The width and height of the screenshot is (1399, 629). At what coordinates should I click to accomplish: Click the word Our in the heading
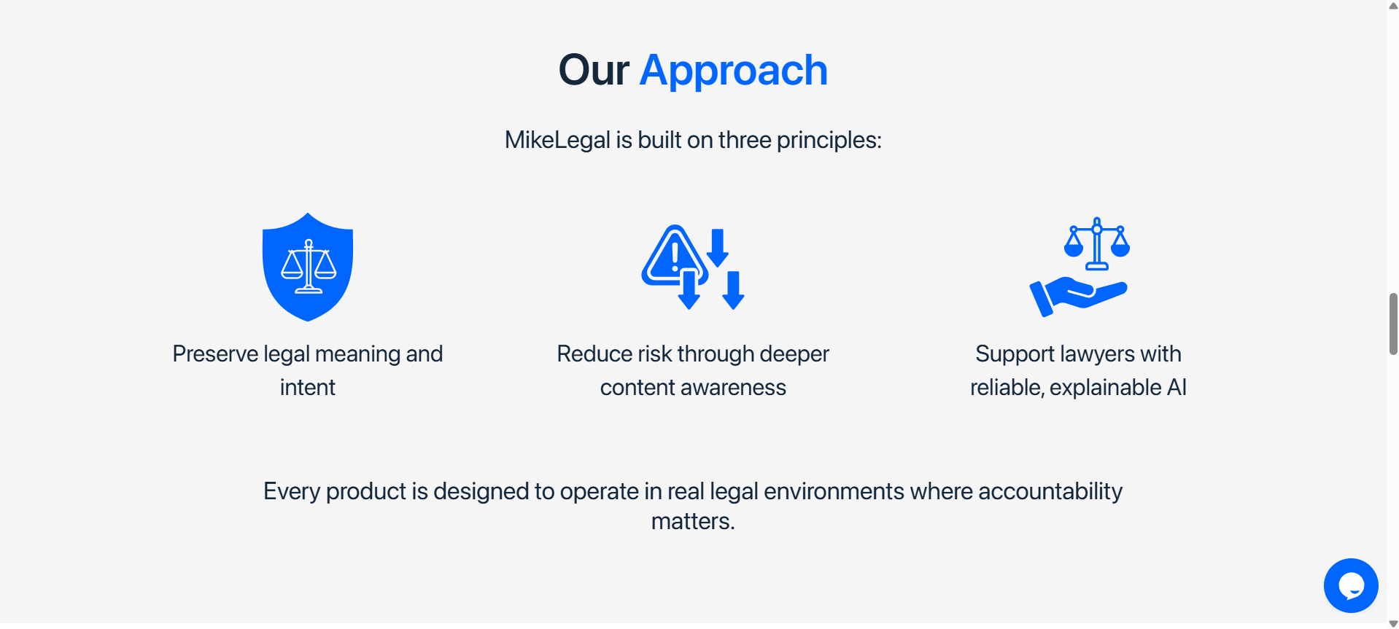[x=594, y=71]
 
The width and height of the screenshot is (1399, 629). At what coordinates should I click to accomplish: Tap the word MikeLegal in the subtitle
[x=557, y=141]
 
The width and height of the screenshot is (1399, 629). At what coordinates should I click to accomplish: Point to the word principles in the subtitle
[x=829, y=141]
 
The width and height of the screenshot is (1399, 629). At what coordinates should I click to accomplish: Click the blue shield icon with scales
[x=308, y=267]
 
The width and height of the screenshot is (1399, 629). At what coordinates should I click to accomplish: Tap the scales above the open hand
[x=1096, y=243]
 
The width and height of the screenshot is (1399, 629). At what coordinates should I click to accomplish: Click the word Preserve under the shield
[x=215, y=354]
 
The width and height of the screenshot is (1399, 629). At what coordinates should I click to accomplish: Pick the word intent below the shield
[x=308, y=388]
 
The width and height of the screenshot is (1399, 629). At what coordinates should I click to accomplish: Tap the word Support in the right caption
[x=1015, y=354]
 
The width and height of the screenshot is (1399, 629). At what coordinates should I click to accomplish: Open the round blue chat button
[x=1351, y=585]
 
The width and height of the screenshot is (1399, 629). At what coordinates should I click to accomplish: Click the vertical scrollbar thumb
[x=1393, y=324]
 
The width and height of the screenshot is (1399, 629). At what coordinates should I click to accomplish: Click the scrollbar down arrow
[x=1393, y=623]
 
